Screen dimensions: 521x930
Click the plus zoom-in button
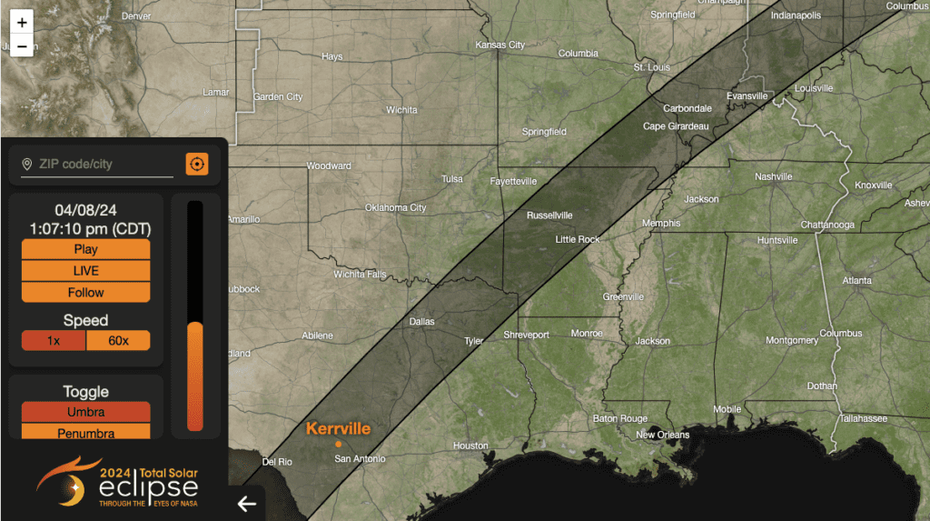point(22,22)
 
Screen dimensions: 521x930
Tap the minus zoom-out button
point(22,45)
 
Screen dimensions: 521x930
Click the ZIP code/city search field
point(104,165)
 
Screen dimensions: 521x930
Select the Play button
point(86,249)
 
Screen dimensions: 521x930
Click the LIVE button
point(86,271)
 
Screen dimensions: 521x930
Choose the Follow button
point(86,293)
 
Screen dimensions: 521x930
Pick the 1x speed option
point(54,341)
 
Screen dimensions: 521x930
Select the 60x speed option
point(118,341)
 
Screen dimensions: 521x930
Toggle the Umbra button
point(86,413)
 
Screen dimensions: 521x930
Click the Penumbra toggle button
point(86,432)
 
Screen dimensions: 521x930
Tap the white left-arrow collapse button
point(246,504)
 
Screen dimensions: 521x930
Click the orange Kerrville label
point(338,428)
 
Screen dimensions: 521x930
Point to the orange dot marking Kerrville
point(338,444)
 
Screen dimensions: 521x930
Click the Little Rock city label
point(578,240)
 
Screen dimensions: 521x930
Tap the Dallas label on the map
point(421,322)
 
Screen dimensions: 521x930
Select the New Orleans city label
point(662,435)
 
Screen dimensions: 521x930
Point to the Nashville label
point(774,176)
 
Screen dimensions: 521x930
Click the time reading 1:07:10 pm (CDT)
point(90,228)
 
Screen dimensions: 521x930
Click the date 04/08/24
point(86,210)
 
